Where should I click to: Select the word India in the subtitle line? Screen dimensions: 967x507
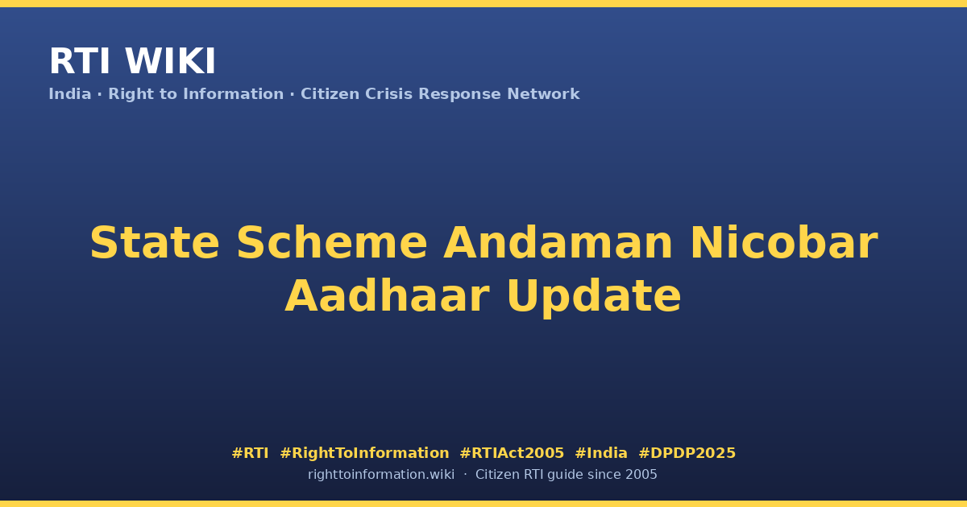70,94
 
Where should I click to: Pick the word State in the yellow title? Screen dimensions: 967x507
155,243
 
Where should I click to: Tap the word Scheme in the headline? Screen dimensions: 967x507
332,243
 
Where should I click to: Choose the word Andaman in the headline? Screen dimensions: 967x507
558,243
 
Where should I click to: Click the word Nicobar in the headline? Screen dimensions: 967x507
784,243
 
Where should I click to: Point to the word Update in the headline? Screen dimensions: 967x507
594,299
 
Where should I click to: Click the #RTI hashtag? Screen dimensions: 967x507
250,453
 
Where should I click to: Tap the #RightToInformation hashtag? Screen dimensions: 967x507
364,453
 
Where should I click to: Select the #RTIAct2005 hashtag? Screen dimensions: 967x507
512,453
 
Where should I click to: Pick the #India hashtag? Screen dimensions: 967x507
601,453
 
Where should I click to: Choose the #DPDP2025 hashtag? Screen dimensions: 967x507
687,453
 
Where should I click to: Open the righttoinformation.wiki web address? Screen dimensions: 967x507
381,475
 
